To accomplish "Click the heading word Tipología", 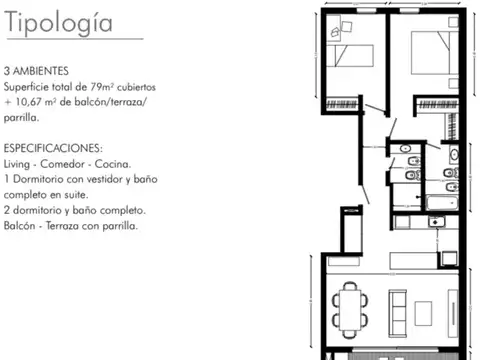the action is [x=59, y=23].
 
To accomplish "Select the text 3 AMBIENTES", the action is [x=36, y=71].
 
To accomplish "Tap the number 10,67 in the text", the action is [x=28, y=102].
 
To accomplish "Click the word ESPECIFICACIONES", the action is [x=53, y=148].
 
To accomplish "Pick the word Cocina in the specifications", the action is [x=112, y=164].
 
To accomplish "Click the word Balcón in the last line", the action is [x=20, y=226].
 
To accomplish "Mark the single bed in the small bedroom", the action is [x=350, y=56].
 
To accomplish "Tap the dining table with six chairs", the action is [x=350, y=310].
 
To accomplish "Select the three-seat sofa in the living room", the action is [x=398, y=313].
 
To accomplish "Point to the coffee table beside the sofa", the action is [x=423, y=313].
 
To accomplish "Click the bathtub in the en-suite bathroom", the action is [x=442, y=203].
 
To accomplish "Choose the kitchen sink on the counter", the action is [x=437, y=222].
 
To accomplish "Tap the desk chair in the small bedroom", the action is [x=347, y=27].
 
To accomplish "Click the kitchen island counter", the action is [x=413, y=260].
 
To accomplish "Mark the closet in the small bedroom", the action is [x=342, y=104].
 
